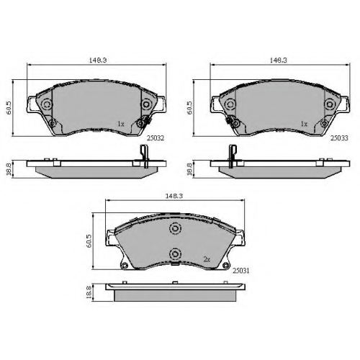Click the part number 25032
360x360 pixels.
[156, 138]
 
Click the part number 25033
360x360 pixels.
[339, 138]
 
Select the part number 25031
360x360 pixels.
[240, 271]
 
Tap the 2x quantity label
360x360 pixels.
[207, 259]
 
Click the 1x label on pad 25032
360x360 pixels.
[121, 124]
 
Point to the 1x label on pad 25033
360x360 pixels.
[304, 124]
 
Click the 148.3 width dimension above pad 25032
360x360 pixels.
[98, 60]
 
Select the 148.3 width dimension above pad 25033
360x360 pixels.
[279, 60]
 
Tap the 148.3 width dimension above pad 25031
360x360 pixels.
[174, 196]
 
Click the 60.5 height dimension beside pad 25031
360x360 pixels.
[89, 241]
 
